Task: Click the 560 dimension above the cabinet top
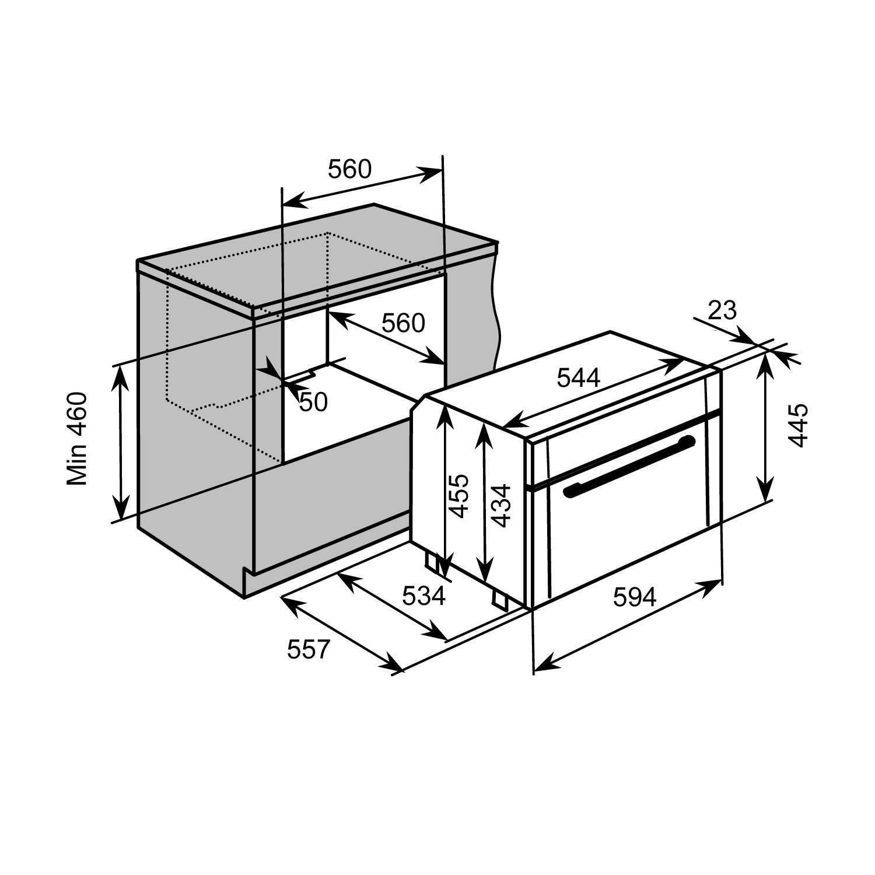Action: tap(349, 169)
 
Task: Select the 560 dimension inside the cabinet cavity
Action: tap(403, 323)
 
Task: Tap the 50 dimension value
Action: tap(313, 402)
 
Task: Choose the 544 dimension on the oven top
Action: tap(578, 379)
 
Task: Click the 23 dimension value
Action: tap(722, 311)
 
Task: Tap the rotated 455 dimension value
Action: tap(459, 496)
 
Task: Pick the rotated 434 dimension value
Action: tap(501, 505)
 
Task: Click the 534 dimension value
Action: tap(424, 596)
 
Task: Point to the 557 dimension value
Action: tap(309, 649)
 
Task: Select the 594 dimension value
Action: tap(635, 597)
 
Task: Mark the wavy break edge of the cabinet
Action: tap(496, 309)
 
